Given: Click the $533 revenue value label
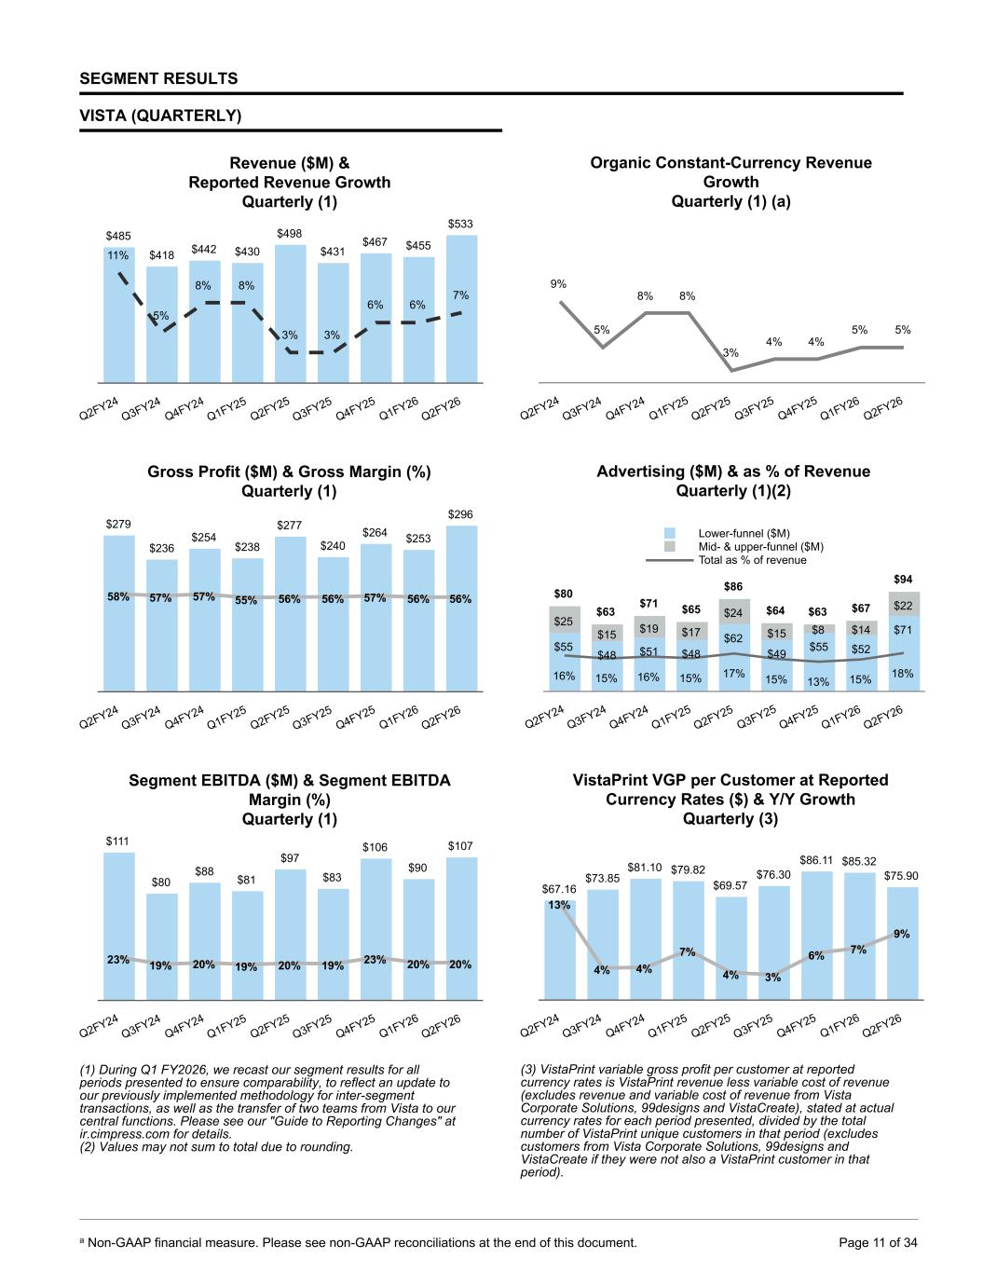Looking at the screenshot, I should coord(460,224).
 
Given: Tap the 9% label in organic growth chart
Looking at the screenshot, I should coord(558,283).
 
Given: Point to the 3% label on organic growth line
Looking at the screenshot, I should coord(730,352).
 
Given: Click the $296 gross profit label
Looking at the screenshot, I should coord(460,514).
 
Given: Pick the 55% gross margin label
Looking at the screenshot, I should coord(246,600).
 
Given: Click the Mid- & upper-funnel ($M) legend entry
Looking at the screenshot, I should coord(760,547).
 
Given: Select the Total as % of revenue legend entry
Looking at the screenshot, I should coord(752,560).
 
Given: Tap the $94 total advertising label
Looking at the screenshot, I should coord(903,580).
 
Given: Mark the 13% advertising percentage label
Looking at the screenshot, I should coord(818,681).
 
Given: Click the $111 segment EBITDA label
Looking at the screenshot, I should coord(117,841).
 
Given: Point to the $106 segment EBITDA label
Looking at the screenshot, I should coord(375,847).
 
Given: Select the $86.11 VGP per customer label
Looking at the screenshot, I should coord(817,859).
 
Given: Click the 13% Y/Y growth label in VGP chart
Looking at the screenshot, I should coord(558,905).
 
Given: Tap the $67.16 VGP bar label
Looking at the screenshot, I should coord(558,889).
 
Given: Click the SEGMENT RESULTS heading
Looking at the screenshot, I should coord(158,79).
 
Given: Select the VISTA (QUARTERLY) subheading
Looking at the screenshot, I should coord(160,116).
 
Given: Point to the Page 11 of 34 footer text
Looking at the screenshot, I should coord(878,1242).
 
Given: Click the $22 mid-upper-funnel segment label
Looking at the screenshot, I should coord(903,606).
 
